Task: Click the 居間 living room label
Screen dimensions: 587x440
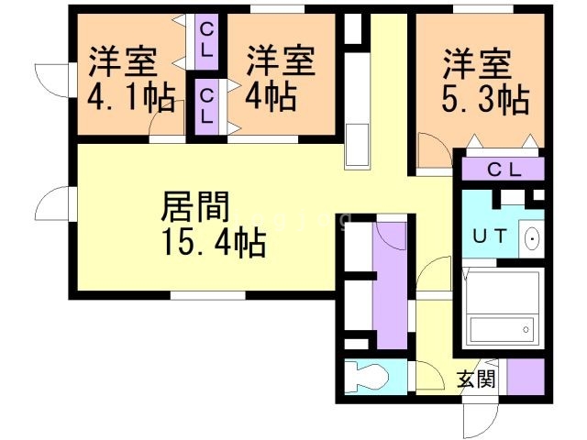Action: click(x=195, y=206)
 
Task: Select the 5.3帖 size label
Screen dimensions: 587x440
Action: click(x=485, y=99)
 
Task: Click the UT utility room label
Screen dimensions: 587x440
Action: click(x=490, y=236)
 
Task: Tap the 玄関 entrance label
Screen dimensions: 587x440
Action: click(x=476, y=379)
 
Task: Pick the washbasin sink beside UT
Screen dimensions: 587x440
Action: click(x=532, y=239)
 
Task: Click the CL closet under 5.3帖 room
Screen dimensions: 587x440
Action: click(x=504, y=169)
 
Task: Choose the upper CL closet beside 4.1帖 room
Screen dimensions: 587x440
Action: click(x=206, y=41)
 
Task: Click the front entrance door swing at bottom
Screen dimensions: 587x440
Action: click(x=481, y=421)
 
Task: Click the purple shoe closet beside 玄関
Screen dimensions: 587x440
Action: click(x=526, y=377)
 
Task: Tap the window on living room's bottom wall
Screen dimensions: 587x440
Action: click(x=208, y=295)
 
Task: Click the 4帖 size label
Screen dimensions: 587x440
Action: click(x=271, y=97)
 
